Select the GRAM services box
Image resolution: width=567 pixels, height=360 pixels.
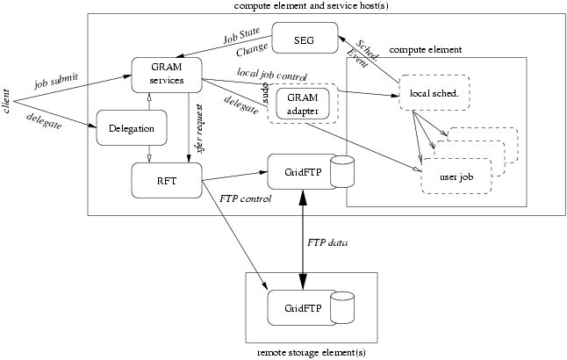coord(167,76)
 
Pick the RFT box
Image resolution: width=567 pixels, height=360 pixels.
coord(167,181)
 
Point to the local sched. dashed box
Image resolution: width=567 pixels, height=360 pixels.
coord(434,93)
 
